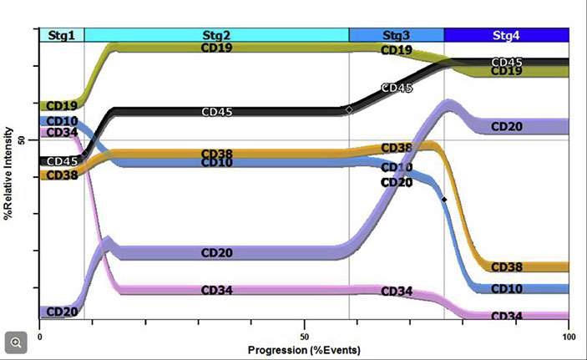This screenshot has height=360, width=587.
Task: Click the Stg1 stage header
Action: pos(61,35)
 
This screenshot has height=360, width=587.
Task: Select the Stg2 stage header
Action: pos(216,35)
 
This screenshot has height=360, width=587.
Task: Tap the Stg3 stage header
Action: pos(396,35)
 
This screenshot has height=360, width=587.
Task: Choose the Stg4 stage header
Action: pos(506,35)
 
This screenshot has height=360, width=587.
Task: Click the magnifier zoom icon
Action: pos(16,342)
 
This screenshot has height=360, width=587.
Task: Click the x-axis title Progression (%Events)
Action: pos(303,346)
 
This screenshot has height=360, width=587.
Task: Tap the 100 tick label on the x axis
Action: pos(568,336)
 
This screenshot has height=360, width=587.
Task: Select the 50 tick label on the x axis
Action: pos(304,336)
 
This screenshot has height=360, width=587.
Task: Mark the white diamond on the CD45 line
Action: pos(349,109)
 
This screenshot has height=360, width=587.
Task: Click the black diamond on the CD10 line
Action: pos(444,200)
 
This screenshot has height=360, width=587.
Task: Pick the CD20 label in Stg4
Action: pos(507,127)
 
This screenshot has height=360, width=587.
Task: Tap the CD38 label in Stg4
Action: pos(507,267)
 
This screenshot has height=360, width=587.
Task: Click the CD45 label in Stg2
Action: pos(217,112)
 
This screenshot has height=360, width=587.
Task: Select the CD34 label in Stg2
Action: pos(217,291)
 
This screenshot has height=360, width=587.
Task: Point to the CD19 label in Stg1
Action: pos(62,106)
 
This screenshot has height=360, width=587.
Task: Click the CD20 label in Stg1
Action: pos(62,312)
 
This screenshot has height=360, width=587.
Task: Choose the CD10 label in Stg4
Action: pos(507,289)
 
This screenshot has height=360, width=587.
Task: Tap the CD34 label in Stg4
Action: pos(507,317)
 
